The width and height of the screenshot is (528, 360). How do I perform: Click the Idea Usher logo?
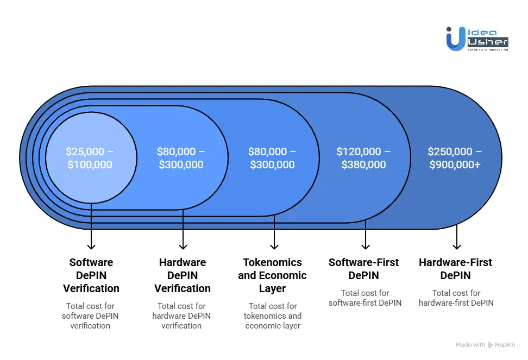point(476,39)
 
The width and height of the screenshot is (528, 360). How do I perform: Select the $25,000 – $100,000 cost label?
point(91,158)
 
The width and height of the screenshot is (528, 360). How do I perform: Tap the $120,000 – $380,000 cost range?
point(364,158)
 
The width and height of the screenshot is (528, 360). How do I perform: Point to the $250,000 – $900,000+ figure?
point(455,158)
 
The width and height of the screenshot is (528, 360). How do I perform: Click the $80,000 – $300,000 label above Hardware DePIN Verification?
point(181,158)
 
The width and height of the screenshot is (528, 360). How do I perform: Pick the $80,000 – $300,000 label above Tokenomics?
point(273,158)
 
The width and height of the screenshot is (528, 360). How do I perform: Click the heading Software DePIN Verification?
point(91,275)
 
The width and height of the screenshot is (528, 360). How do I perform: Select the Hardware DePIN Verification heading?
point(183,275)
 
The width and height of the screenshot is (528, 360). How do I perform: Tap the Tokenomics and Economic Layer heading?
point(273,275)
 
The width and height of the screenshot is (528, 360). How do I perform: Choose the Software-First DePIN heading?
point(364,269)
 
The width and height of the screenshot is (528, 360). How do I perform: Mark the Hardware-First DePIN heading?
point(455,269)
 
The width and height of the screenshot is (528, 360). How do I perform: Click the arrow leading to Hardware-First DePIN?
point(457,237)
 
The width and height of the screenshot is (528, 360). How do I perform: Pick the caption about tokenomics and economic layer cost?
point(273,316)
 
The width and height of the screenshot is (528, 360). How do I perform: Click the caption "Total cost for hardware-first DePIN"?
point(456,298)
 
